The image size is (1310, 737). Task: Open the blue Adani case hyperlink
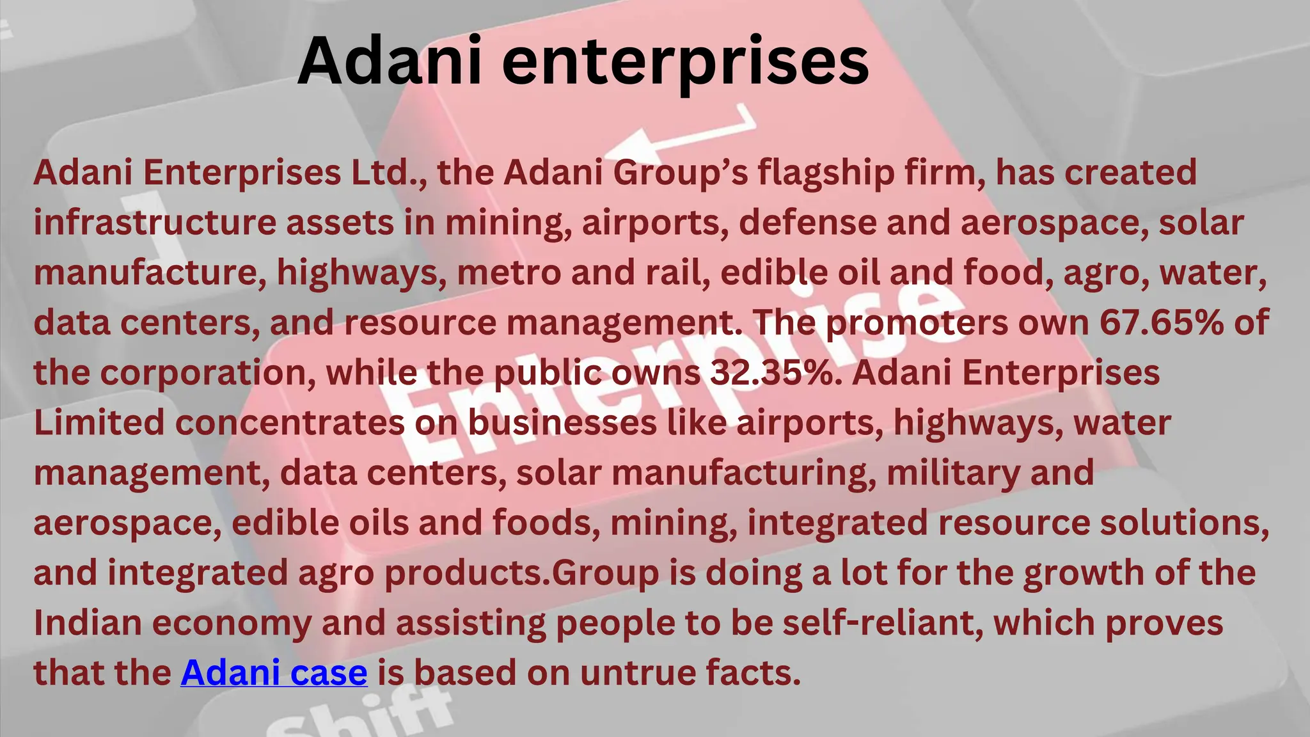coord(274,672)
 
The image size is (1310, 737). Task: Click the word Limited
coord(99,422)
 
